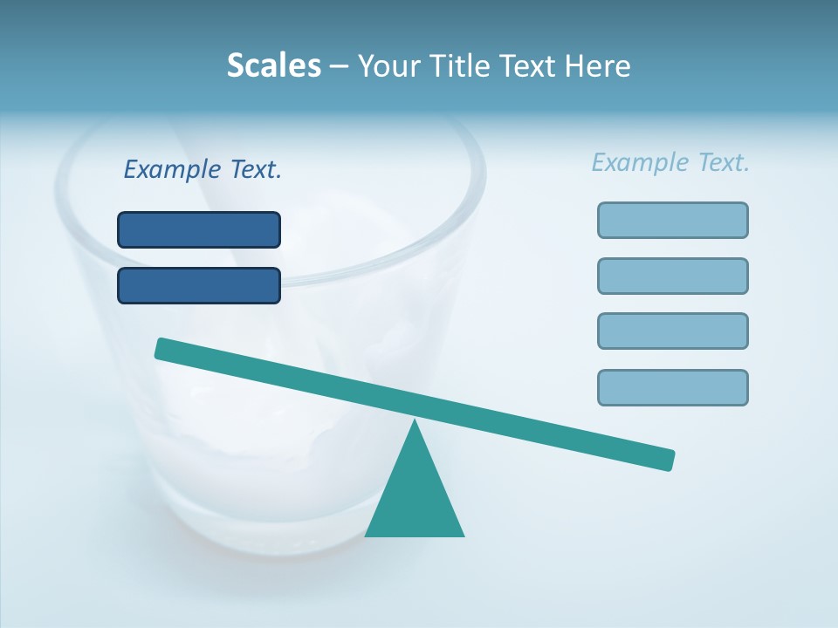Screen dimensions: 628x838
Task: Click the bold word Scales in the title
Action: pyautogui.click(x=274, y=65)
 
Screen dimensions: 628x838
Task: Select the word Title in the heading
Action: pyautogui.click(x=464, y=65)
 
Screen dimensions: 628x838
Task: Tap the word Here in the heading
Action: pyautogui.click(x=597, y=65)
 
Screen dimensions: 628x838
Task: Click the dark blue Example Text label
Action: pyautogui.click(x=203, y=169)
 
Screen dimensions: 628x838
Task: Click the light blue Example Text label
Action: pyautogui.click(x=670, y=162)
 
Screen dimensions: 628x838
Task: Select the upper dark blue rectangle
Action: pyautogui.click(x=199, y=229)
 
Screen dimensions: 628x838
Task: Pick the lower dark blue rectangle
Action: pyautogui.click(x=199, y=285)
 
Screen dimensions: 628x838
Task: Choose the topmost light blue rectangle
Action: pyautogui.click(x=673, y=220)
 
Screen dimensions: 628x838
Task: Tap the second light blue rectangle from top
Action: pyautogui.click(x=673, y=276)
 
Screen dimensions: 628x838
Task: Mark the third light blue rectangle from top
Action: pyautogui.click(x=673, y=331)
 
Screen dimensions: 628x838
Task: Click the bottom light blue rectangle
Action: pyautogui.click(x=673, y=387)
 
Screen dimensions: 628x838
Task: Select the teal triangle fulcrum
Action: pyautogui.click(x=415, y=497)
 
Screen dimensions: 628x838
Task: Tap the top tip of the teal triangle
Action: pyautogui.click(x=416, y=423)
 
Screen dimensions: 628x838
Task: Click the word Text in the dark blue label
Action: pyautogui.click(x=256, y=169)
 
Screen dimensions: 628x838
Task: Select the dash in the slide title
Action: pyautogui.click(x=340, y=66)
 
